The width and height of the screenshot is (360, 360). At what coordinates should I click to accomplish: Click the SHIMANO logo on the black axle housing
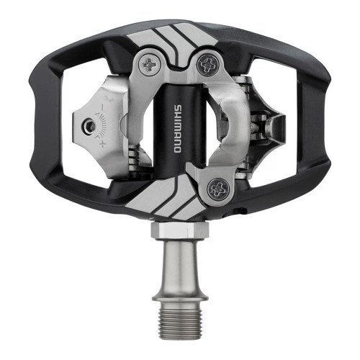(178, 128)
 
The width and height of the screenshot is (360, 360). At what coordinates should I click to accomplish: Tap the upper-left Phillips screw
(151, 65)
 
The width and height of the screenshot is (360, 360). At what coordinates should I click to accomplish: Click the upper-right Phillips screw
(208, 64)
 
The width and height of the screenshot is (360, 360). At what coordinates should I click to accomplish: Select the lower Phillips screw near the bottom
(218, 189)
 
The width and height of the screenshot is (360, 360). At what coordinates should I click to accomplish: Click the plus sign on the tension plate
(103, 144)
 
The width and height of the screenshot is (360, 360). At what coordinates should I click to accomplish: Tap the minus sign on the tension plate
(103, 107)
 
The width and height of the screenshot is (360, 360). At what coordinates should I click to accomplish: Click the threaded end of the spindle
(180, 317)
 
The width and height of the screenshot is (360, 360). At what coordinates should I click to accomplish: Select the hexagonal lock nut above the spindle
(180, 230)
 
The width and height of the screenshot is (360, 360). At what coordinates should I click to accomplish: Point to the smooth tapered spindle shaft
(180, 265)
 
